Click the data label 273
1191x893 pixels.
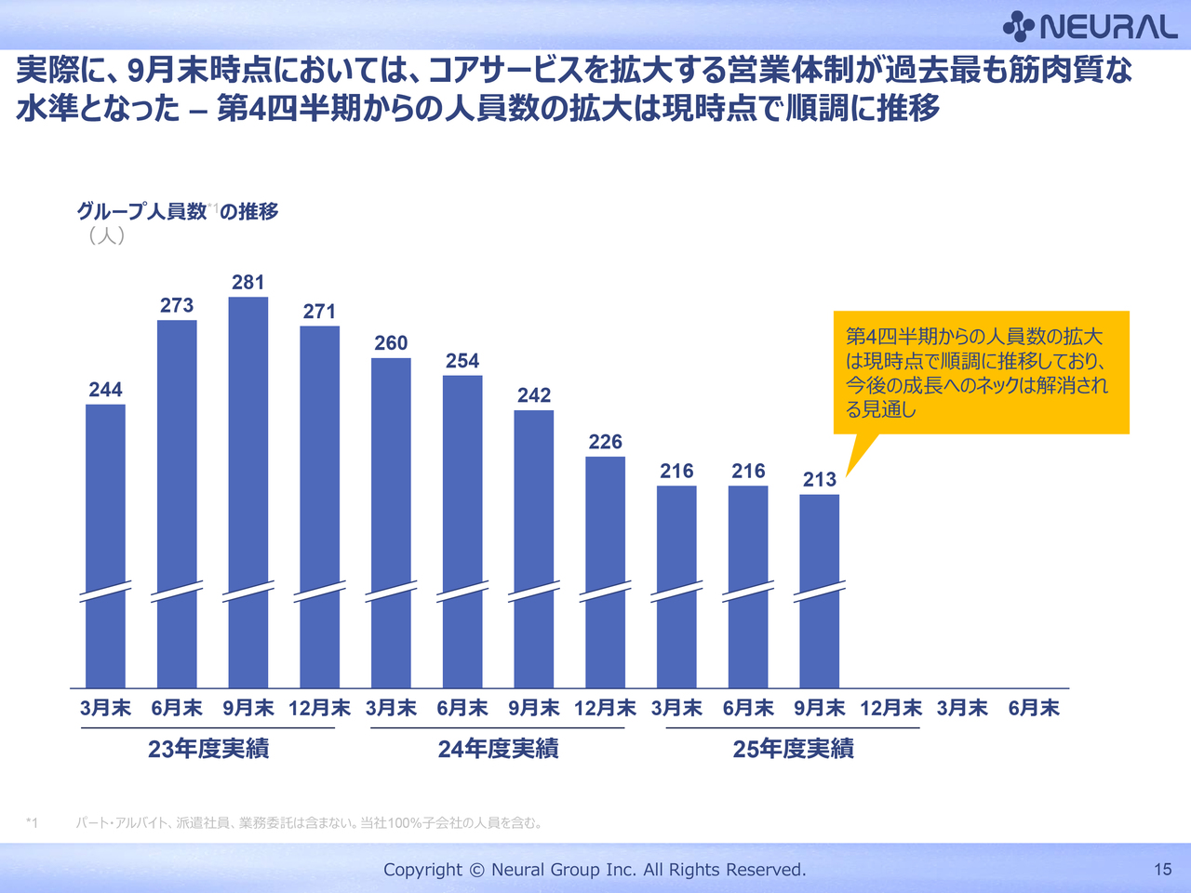(177, 305)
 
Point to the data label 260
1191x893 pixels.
(391, 343)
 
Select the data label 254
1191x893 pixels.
(462, 361)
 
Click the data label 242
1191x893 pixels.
(534, 395)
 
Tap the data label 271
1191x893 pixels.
(319, 312)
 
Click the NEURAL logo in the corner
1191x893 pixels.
(1091, 26)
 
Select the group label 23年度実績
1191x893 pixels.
(208, 749)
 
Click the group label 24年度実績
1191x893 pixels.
(498, 749)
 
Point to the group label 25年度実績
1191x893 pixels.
(793, 749)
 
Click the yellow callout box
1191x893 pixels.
(981, 372)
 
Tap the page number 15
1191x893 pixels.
(1162, 869)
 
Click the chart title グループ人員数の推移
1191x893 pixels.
(178, 211)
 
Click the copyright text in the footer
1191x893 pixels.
(595, 869)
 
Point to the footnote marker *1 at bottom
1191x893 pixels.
(32, 822)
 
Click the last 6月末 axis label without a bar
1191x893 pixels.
(1034, 708)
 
